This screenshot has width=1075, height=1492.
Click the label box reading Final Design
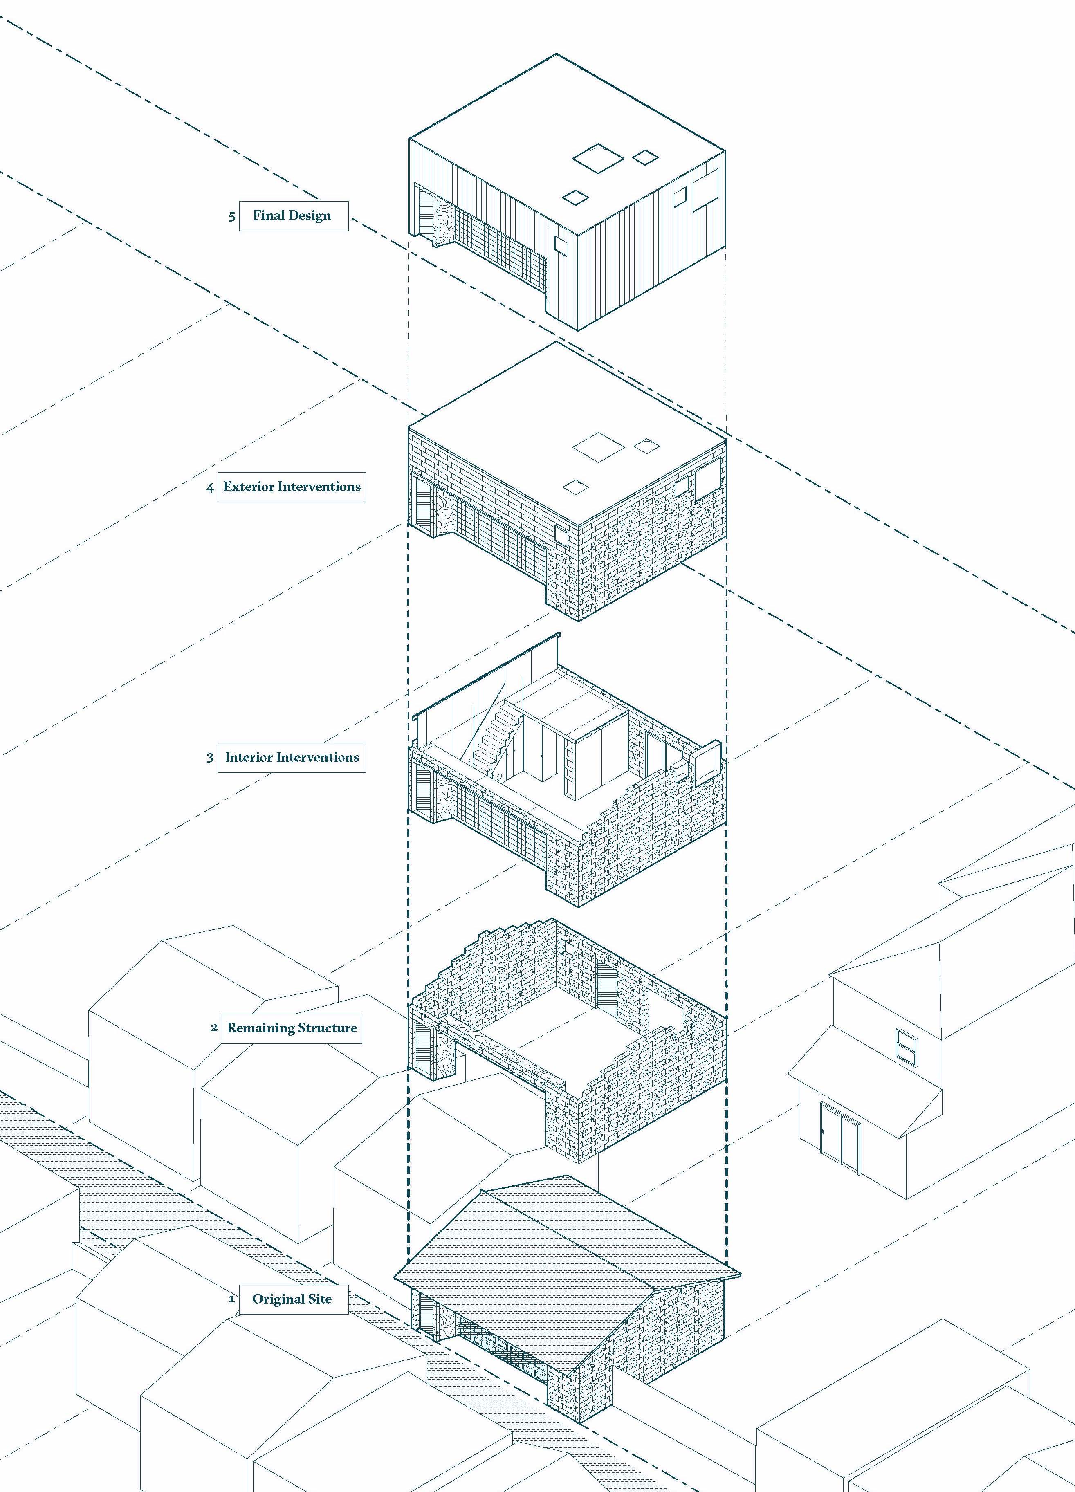coord(293,216)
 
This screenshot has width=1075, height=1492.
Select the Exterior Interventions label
coord(292,487)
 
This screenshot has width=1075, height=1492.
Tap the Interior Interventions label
coord(292,757)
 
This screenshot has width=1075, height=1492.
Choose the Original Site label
coord(293,1299)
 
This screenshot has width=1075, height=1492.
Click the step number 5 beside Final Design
coord(231,216)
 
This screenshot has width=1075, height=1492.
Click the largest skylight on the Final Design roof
coord(597,158)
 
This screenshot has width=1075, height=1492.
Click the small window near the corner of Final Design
coord(561,245)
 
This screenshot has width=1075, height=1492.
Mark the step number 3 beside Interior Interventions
coord(210,758)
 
